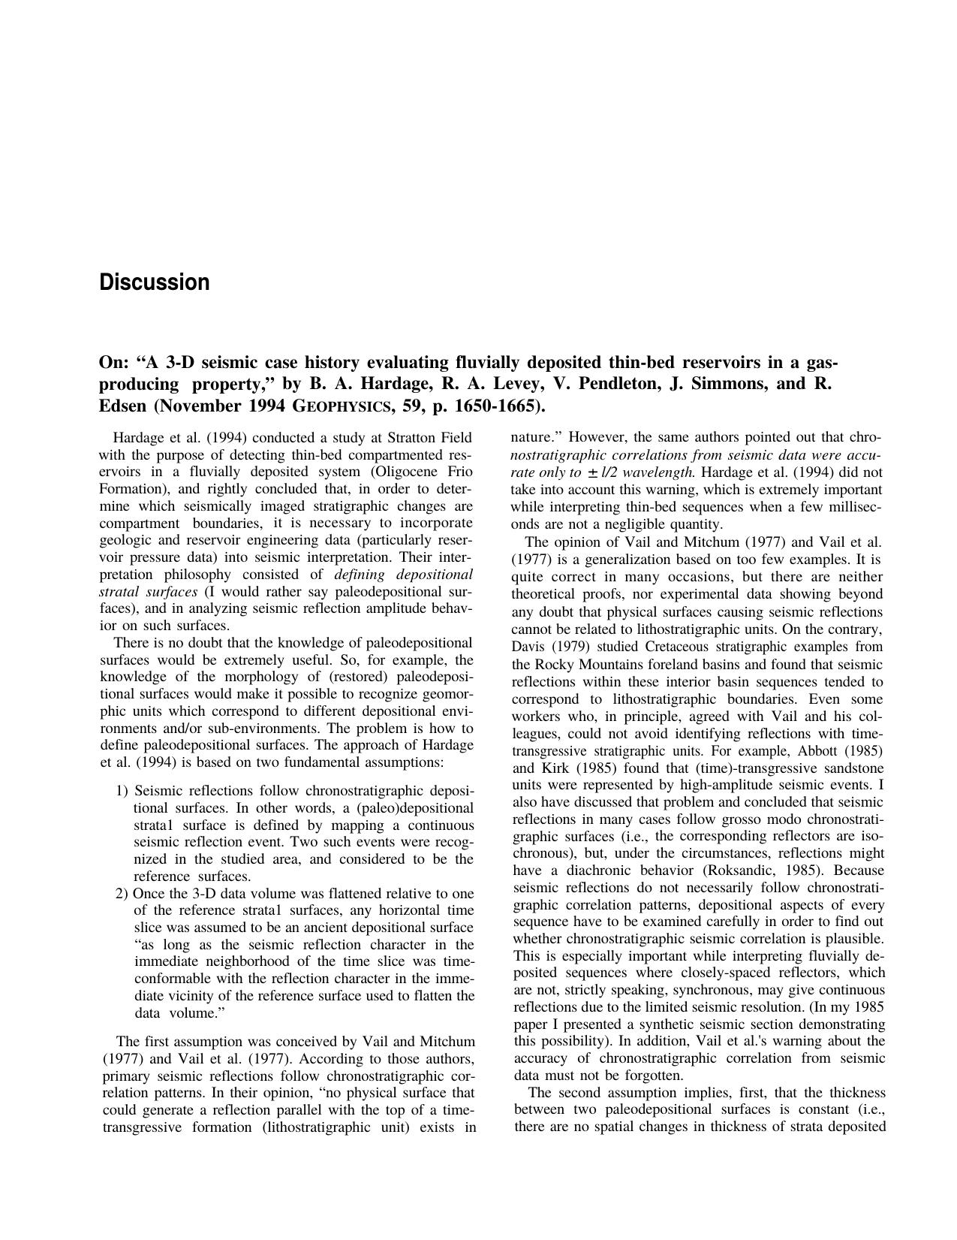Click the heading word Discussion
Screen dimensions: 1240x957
click(x=155, y=282)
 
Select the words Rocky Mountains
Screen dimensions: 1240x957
click(x=582, y=665)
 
